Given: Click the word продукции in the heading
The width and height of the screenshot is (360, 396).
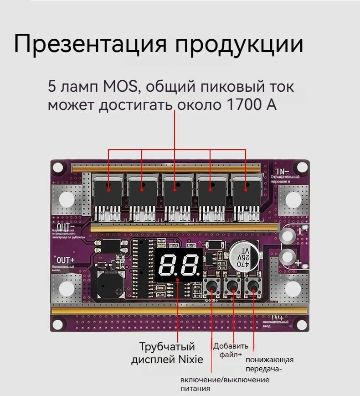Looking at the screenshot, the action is pos(239,45).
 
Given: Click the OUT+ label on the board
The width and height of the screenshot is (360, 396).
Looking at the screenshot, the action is pos(66,260).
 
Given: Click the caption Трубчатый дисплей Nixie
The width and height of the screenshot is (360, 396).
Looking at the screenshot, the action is pos(167,353).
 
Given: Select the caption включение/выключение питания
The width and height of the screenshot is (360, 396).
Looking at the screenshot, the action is pos(224,384).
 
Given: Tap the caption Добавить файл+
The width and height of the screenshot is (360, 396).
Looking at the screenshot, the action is pos(231,349).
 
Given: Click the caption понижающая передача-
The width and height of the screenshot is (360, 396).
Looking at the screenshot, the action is pos(269,364).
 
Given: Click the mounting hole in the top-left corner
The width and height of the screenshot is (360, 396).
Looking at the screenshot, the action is pos(58,167).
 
